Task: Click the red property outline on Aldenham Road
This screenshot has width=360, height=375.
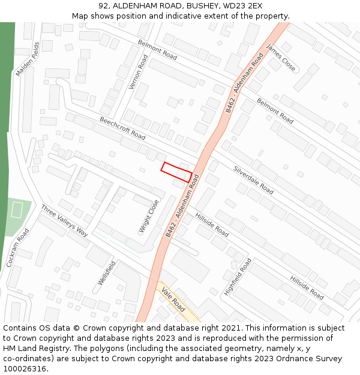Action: coord(176,172)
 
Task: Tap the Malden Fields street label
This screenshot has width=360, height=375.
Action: coord(28,59)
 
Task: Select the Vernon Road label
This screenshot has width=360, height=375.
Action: coord(138,72)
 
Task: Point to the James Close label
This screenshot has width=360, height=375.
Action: coord(281,58)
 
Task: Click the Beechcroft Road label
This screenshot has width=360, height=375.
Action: coord(122,128)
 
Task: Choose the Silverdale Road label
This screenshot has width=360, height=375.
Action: coord(253,180)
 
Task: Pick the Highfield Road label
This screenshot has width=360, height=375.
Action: coord(238,277)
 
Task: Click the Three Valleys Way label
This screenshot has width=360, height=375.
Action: coord(64,221)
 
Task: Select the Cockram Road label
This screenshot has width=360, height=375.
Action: coord(17,247)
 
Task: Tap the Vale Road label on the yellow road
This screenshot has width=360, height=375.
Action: coord(173,298)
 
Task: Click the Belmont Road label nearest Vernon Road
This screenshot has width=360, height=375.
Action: coord(157,50)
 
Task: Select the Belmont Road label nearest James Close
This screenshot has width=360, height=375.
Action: coord(275,111)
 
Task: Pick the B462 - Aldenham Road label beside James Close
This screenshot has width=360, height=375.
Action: coord(245,83)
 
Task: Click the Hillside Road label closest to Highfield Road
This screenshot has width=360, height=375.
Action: coord(307,288)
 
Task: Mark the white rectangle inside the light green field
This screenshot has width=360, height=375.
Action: coord(16,210)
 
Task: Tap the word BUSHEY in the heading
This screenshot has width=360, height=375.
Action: coord(196,6)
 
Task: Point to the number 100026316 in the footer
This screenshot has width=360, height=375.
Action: coord(25,369)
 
